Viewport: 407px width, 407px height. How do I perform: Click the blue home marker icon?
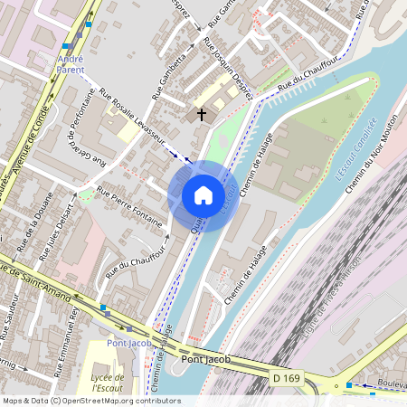(x=203, y=195)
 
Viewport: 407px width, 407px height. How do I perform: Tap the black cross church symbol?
(x=200, y=115)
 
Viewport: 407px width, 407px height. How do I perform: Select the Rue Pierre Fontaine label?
(x=128, y=206)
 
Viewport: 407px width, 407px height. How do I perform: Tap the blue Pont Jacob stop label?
(x=123, y=343)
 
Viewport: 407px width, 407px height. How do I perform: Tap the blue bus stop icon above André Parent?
(x=66, y=45)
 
